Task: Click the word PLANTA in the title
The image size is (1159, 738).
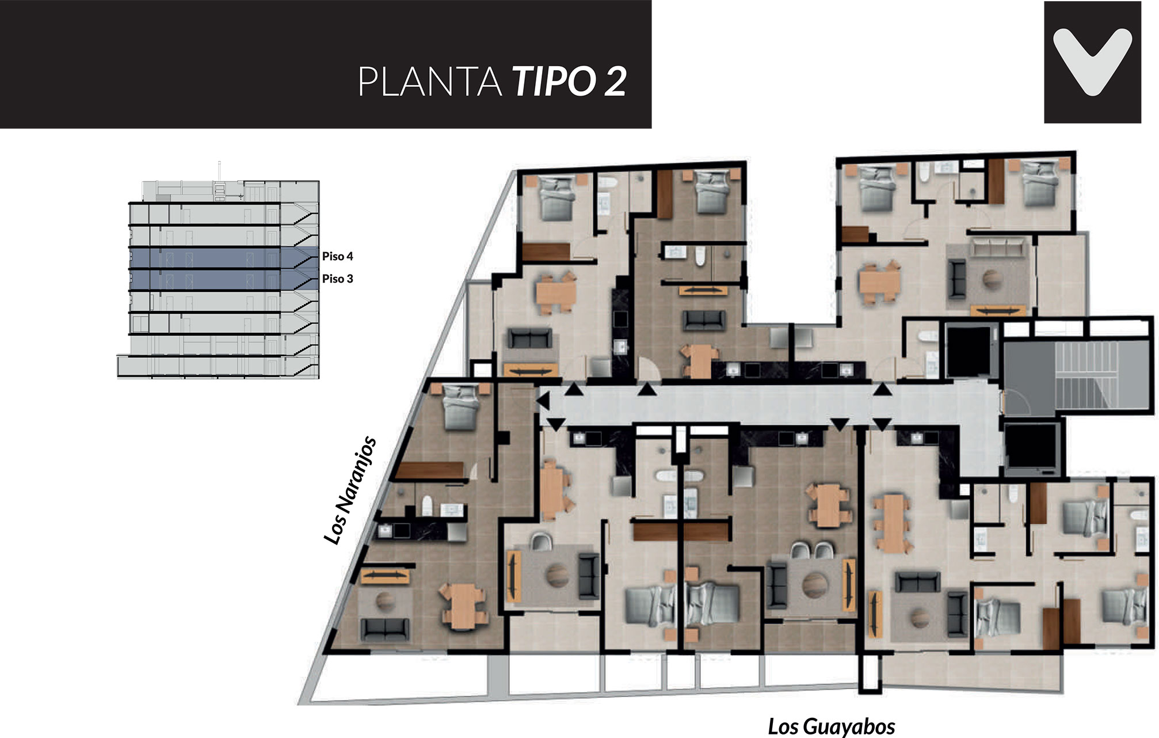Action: (x=430, y=82)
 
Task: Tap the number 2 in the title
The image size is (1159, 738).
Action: (x=615, y=82)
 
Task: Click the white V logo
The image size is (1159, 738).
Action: (x=1092, y=62)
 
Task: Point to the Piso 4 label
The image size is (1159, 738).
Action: (x=337, y=256)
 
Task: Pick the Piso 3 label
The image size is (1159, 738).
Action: (x=337, y=279)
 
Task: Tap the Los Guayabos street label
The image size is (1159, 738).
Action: (x=832, y=726)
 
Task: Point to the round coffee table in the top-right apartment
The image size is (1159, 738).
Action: (x=992, y=279)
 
